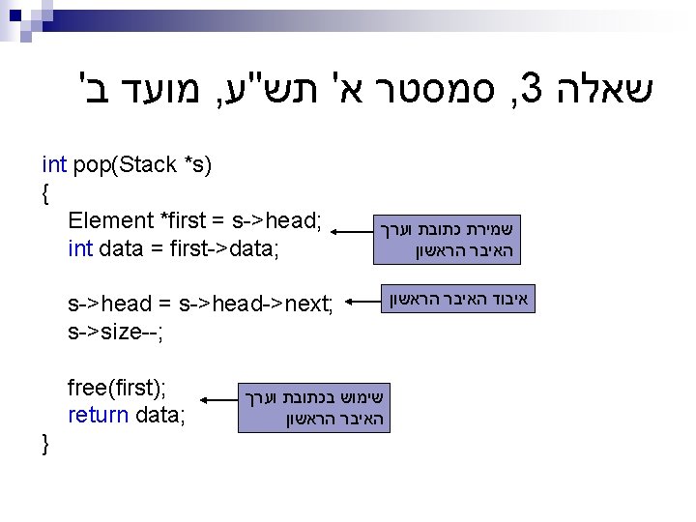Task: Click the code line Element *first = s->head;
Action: click(x=194, y=220)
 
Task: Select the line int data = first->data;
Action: click(x=173, y=249)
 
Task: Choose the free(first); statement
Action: click(x=116, y=389)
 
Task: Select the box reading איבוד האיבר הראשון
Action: click(x=460, y=299)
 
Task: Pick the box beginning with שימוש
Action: click(x=315, y=409)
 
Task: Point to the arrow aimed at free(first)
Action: click(x=219, y=397)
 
